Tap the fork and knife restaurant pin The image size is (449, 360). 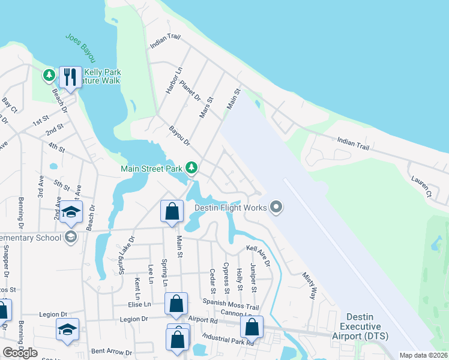click(x=70, y=77)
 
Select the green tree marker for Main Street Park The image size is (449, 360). click(x=191, y=167)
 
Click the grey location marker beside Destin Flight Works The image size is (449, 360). click(x=276, y=208)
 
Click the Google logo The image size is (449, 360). click(x=20, y=353)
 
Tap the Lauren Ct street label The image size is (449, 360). click(x=421, y=186)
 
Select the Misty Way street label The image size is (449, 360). click(x=309, y=284)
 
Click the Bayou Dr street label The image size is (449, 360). click(x=179, y=136)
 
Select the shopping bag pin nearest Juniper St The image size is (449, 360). click(x=252, y=328)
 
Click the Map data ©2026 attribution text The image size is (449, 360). click(x=423, y=355)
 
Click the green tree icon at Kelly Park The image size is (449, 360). click(x=49, y=76)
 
